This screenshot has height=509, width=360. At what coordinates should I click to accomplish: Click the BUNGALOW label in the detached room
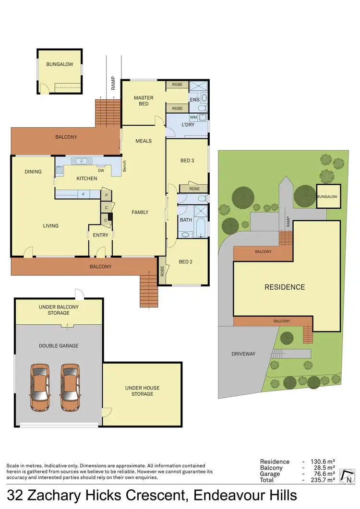click(60, 64)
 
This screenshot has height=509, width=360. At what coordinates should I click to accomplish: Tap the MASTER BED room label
click(144, 101)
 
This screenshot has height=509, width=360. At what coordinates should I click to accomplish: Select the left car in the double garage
click(40, 388)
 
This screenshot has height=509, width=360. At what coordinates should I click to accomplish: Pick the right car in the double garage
click(71, 388)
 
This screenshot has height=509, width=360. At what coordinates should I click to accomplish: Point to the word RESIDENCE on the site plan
click(285, 287)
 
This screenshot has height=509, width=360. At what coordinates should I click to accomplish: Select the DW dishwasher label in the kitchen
click(101, 170)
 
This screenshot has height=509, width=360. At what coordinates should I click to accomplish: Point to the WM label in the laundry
click(193, 117)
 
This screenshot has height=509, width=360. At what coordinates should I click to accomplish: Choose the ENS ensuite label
click(194, 100)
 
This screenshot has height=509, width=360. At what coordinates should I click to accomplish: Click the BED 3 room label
click(187, 161)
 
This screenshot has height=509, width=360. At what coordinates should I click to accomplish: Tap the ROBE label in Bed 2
click(163, 272)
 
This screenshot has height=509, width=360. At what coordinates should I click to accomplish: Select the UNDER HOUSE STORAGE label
click(142, 391)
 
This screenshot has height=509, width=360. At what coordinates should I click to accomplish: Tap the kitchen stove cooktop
click(60, 169)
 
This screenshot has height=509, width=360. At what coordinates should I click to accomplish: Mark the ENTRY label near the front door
click(101, 235)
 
